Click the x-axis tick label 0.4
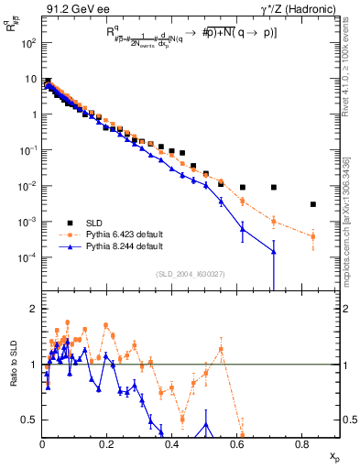172,444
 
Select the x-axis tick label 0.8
302,444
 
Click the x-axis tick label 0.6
237,444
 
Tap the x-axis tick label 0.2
107,444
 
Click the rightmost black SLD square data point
313,204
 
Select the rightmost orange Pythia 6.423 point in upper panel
313,236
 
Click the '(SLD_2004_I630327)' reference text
191,273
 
